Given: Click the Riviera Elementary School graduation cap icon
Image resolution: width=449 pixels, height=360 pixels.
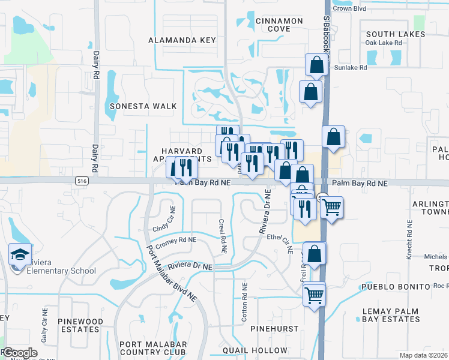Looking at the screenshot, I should (x=20, y=254).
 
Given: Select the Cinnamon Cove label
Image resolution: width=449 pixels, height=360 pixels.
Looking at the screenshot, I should (x=279, y=25).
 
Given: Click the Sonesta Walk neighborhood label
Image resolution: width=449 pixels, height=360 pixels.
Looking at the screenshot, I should (x=143, y=106).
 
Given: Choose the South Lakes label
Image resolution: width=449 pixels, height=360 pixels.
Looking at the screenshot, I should (x=396, y=34).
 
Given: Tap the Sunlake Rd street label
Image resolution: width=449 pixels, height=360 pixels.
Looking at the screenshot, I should (x=349, y=68).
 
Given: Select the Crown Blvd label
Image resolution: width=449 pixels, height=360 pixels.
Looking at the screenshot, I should (x=349, y=9).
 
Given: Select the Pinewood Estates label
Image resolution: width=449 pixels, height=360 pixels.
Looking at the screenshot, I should (x=79, y=326).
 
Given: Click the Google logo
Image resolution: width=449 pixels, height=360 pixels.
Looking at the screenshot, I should (x=20, y=353).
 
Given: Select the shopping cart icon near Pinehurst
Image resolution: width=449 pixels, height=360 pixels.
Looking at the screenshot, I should (x=314, y=295).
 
